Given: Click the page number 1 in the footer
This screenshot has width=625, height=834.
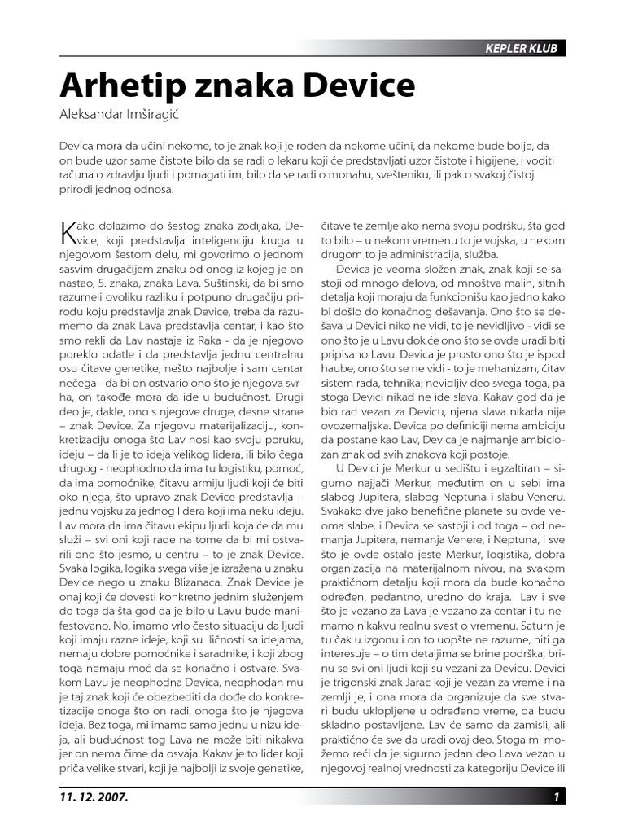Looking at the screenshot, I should point(556,797).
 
